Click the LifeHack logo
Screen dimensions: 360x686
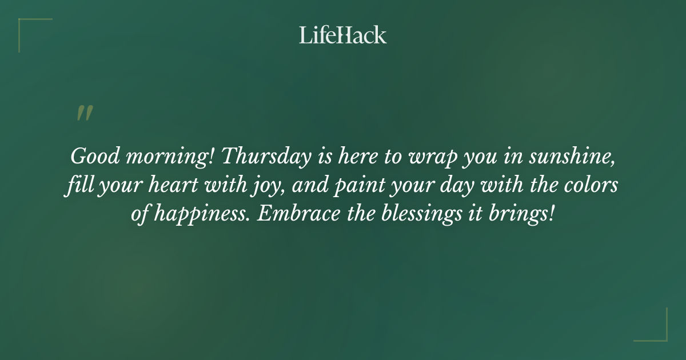pyautogui.click(x=343, y=35)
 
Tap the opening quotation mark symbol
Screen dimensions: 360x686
pyautogui.click(x=85, y=113)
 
